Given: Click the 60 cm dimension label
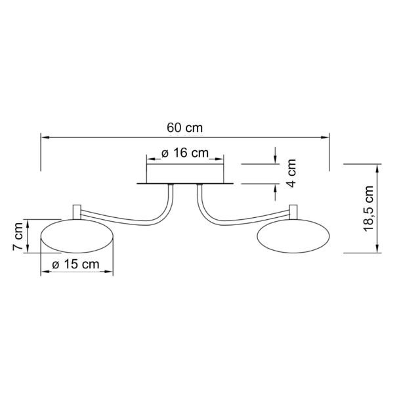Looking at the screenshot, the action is (185, 128).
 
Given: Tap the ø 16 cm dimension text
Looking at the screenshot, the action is (185, 153).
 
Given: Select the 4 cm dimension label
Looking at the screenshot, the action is (291, 173).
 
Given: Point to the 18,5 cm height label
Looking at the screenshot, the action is (368, 209).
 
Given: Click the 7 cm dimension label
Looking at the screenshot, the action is (18, 236).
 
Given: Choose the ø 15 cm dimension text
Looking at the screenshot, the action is (75, 264).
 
